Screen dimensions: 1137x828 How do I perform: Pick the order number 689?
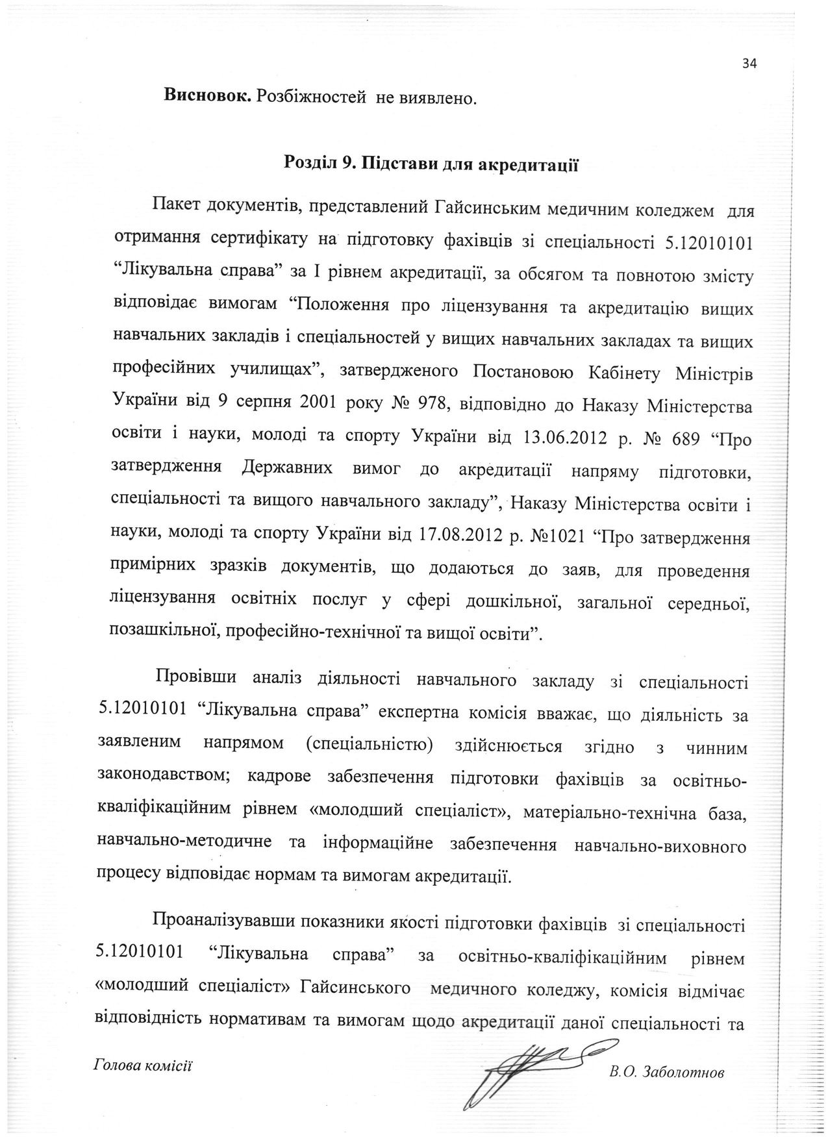pyautogui.click(x=680, y=439)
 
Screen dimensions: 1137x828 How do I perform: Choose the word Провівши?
pyautogui.click(x=193, y=683)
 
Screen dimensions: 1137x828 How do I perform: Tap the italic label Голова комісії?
pyautogui.click(x=144, y=1066)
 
